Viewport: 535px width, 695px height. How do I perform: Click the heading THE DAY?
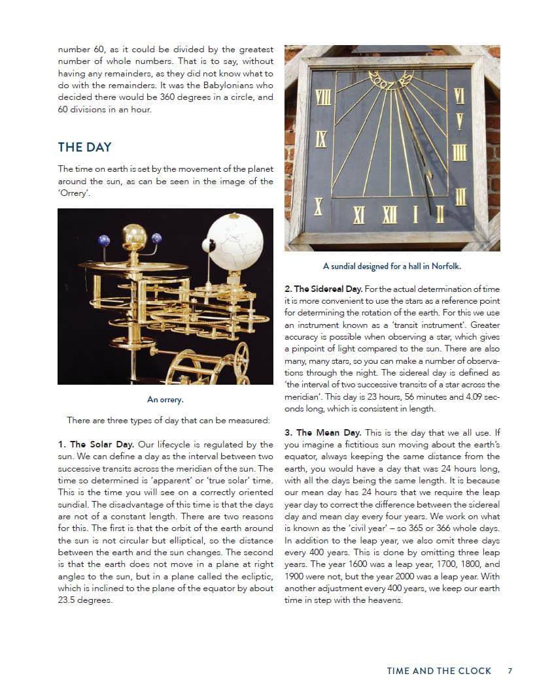84,147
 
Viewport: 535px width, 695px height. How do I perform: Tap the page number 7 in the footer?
509,670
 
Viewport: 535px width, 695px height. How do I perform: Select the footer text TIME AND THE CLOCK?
438,670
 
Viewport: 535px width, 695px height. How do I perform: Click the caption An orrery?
165,400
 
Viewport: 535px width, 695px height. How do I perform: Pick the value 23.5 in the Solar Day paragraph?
68,600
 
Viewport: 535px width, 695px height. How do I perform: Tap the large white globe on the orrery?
235,241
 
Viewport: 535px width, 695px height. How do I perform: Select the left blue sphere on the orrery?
104,240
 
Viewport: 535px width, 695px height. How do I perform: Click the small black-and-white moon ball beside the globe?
209,245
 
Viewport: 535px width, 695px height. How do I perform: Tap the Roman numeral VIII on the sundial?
322,98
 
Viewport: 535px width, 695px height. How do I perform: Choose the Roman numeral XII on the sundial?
390,214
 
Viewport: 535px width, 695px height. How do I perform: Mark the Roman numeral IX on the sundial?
320,138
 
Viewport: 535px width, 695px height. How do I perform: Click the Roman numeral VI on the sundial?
460,96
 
